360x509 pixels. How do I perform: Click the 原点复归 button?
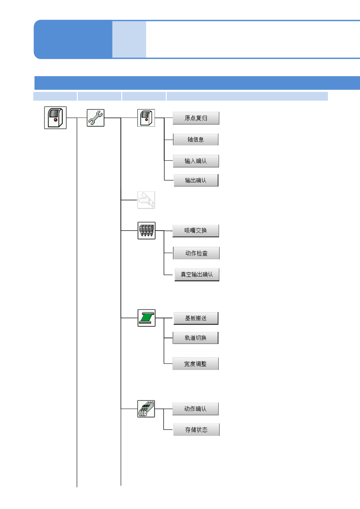tap(196, 118)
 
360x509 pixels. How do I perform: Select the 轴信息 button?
tap(196, 140)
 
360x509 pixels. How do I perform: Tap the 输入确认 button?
tap(196, 161)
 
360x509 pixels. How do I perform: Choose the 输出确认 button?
tap(196, 180)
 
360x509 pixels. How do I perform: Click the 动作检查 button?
tap(196, 253)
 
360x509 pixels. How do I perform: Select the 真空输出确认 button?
tap(197, 275)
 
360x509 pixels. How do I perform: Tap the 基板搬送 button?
tap(196, 318)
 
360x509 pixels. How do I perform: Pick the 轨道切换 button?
tap(195, 338)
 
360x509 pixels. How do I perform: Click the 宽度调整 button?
tap(195, 364)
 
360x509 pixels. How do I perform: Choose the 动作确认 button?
tap(195, 409)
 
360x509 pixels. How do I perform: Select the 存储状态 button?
tap(196, 430)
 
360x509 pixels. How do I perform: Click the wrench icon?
tap(96, 118)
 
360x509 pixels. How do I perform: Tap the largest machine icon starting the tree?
tap(55, 118)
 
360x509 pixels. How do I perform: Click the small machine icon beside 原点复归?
tap(146, 118)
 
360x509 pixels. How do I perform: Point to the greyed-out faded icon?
tap(146, 200)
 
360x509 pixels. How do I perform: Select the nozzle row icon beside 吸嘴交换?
tap(146, 231)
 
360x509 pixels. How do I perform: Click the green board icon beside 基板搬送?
tap(146, 318)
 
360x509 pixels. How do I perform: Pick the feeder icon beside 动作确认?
tap(146, 409)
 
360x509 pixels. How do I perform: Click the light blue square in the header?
tap(129, 39)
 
